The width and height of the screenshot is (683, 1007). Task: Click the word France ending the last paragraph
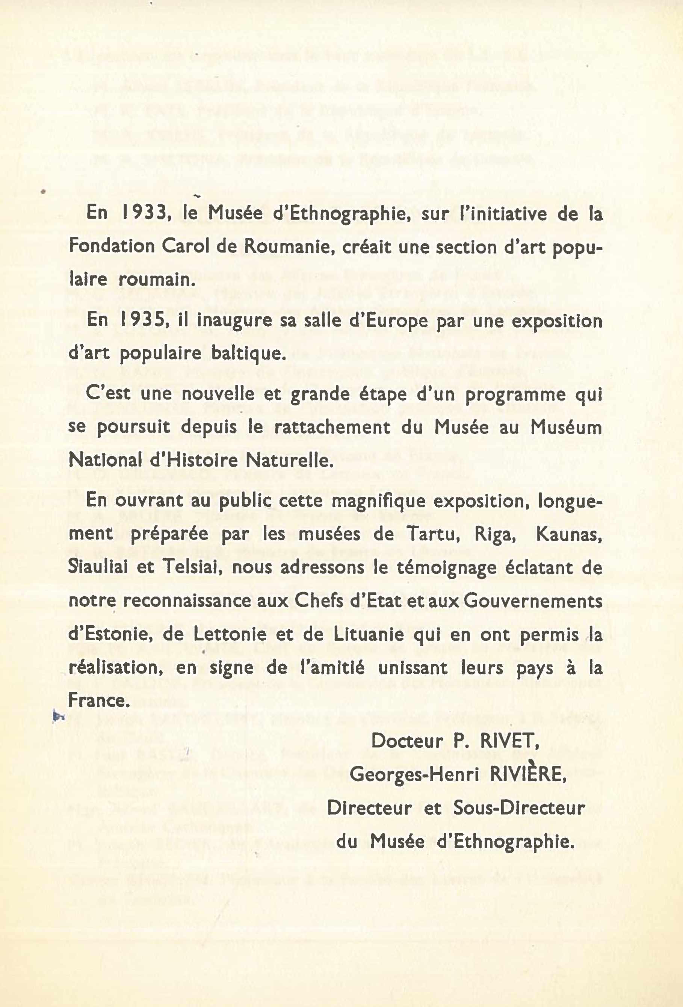click(x=99, y=701)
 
